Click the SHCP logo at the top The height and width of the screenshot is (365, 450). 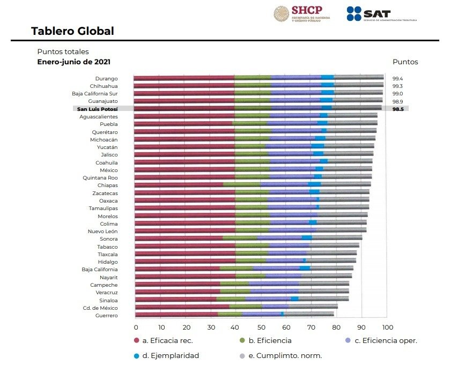301,13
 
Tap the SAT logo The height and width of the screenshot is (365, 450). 381,14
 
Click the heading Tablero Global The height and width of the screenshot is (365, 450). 72,31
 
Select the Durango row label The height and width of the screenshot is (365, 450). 106,78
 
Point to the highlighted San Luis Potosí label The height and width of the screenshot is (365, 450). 97,109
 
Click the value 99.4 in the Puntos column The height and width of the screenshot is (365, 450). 397,78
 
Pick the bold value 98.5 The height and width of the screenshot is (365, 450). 397,109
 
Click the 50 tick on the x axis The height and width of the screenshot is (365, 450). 261,327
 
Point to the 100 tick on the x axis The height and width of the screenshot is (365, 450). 387,327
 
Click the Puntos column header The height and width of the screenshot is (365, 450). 405,62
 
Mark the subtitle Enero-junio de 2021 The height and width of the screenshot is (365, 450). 73,62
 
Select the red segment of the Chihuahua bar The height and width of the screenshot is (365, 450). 184,86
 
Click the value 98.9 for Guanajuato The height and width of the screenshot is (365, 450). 397,101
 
